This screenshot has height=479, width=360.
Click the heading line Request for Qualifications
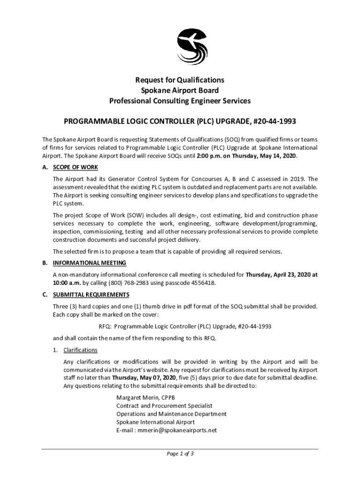(180, 80)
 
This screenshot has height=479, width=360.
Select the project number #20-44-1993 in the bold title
(275, 122)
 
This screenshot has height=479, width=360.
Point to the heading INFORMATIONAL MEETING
(89, 263)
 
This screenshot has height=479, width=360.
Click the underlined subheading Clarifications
(80, 350)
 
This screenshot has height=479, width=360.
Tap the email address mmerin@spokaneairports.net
(177, 430)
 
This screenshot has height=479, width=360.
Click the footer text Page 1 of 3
(180, 454)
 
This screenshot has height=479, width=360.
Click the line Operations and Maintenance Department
(171, 414)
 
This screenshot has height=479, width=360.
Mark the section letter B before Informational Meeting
(44, 263)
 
